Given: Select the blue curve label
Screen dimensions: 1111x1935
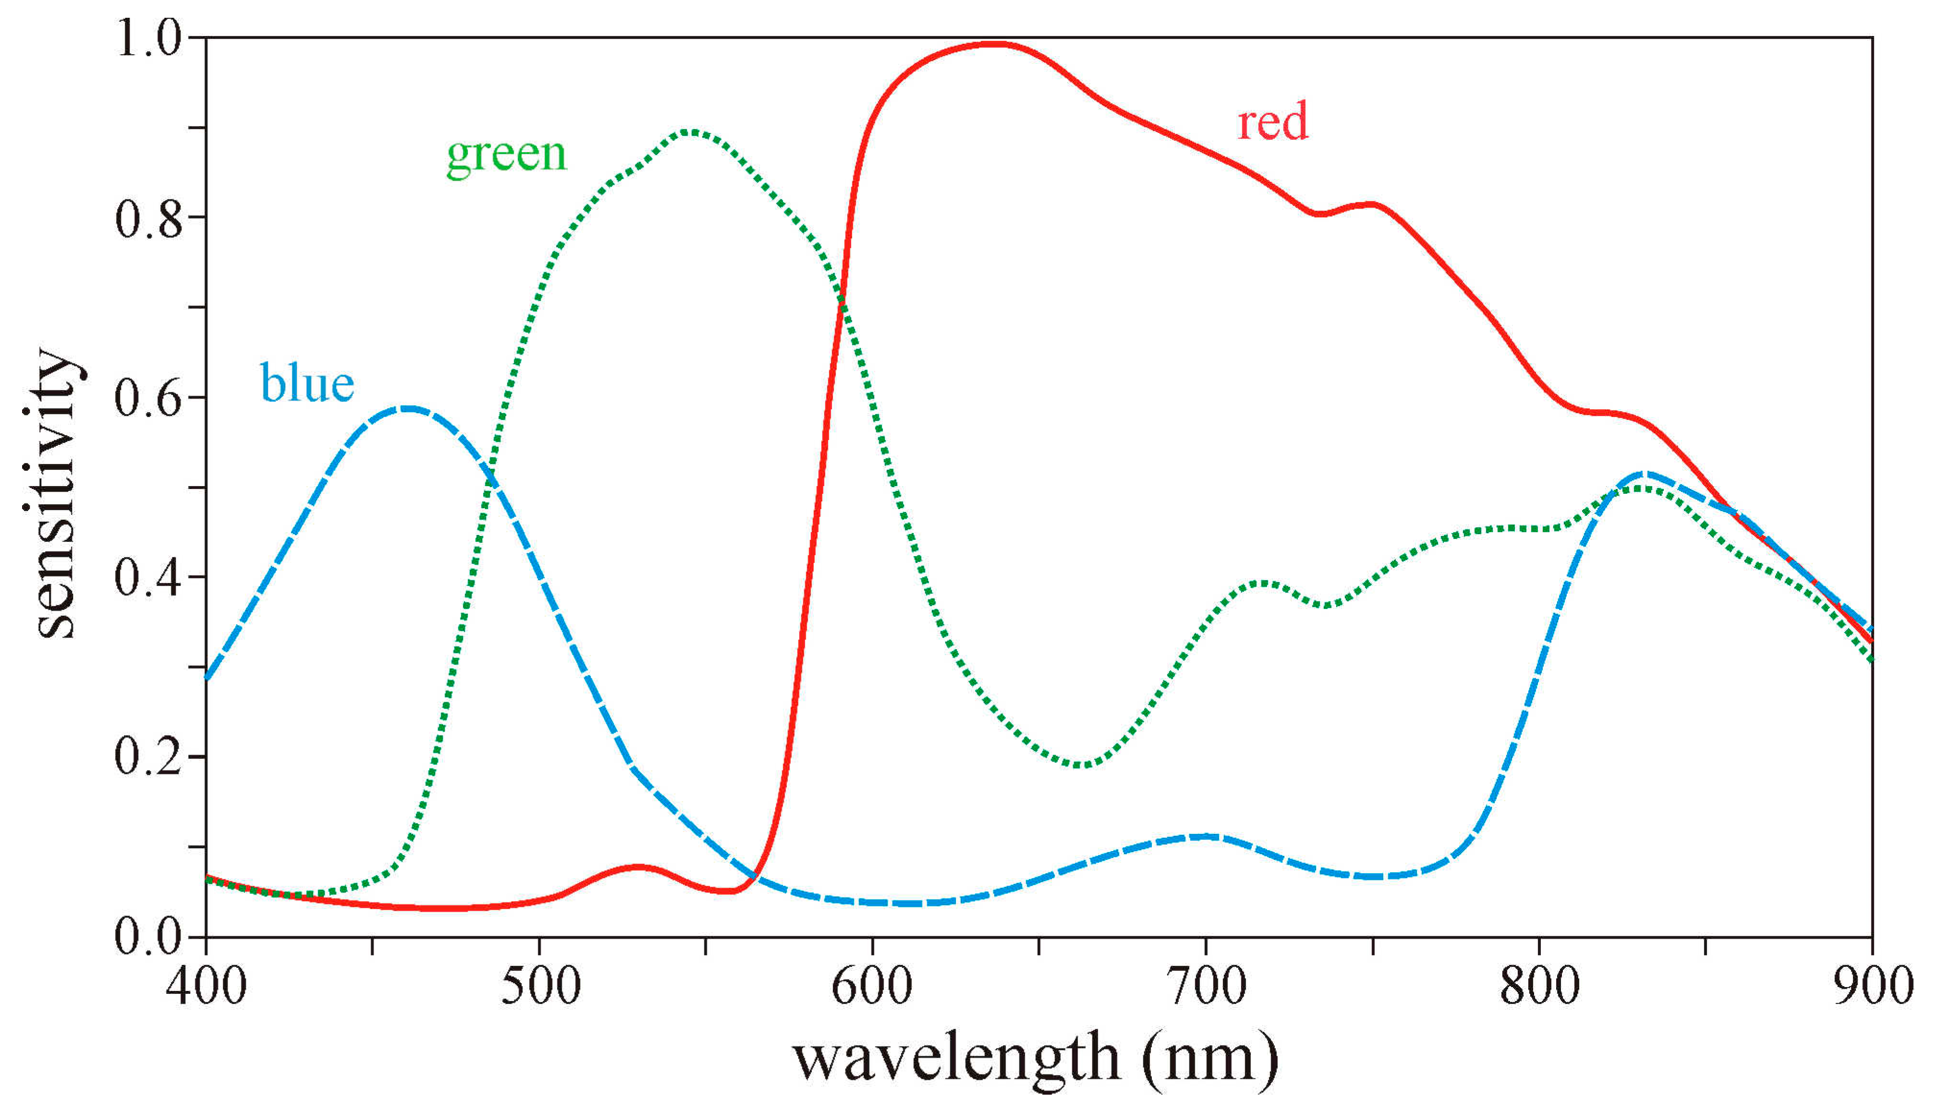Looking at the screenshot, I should (x=307, y=383).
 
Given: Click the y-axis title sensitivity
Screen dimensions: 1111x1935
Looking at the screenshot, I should (x=55, y=494).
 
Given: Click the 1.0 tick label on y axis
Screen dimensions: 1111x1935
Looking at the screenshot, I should (x=149, y=38).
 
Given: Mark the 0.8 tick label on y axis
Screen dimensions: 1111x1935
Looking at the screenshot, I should (x=149, y=218).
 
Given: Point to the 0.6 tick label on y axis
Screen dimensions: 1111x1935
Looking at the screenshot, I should (x=149, y=398).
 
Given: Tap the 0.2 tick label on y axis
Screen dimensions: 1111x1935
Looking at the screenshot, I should (x=149, y=757).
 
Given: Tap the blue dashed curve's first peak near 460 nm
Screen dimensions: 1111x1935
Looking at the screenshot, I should (x=409, y=408).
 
